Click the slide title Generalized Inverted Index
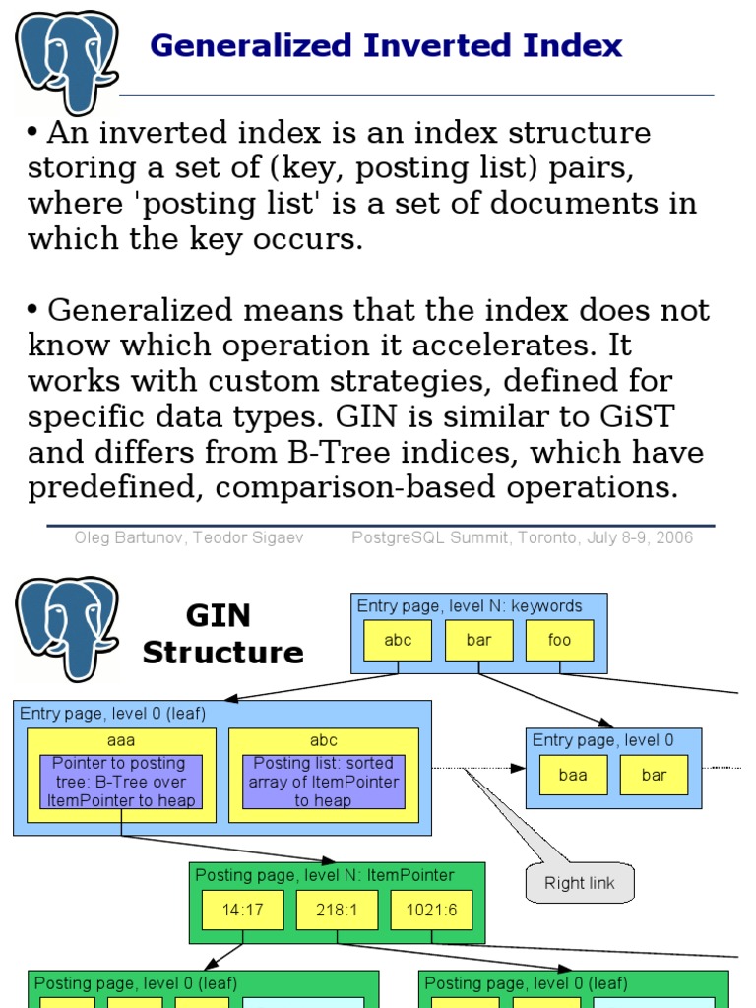pyautogui.click(x=386, y=45)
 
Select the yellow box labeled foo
pyautogui.click(x=559, y=640)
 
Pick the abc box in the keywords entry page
pyautogui.click(x=398, y=640)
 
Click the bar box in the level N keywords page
pyautogui.click(x=478, y=640)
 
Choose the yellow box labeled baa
pyautogui.click(x=573, y=775)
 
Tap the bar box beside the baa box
pyautogui.click(x=654, y=775)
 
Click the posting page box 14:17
pyautogui.click(x=242, y=911)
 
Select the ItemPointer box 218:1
pyautogui.click(x=337, y=911)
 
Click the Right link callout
pyautogui.click(x=579, y=883)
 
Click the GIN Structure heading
pyautogui.click(x=222, y=634)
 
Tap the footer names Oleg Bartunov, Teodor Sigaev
pyautogui.click(x=189, y=538)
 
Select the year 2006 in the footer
pyautogui.click(x=674, y=538)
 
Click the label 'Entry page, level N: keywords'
pyautogui.click(x=470, y=606)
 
